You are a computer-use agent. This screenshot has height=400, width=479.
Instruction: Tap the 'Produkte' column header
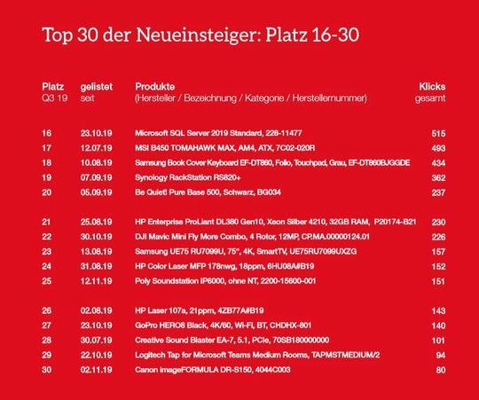tap(154, 86)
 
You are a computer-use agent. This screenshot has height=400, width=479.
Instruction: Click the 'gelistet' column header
tap(96, 86)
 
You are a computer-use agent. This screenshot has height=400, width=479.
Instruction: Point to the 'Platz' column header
tap(52, 86)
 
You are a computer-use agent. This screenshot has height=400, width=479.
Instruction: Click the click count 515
tap(436, 132)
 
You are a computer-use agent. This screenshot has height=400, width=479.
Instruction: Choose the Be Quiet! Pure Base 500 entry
tap(208, 192)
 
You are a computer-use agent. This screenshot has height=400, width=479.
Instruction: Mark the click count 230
tap(436, 223)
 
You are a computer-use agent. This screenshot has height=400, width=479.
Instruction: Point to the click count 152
tap(436, 267)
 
